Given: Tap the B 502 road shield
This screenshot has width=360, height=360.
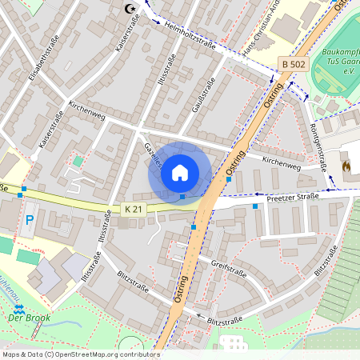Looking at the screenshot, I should (x=294, y=62).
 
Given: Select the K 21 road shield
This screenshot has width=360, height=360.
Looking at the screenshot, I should (x=133, y=209).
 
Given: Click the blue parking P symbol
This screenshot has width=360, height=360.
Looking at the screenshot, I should (x=30, y=218).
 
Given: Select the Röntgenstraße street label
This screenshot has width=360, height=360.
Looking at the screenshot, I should (x=318, y=149).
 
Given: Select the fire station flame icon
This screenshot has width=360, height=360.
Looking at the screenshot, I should (x=346, y=166).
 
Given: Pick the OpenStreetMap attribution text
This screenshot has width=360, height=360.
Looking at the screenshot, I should (x=81, y=354).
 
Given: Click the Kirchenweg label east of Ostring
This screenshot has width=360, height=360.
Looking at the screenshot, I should (x=282, y=163).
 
